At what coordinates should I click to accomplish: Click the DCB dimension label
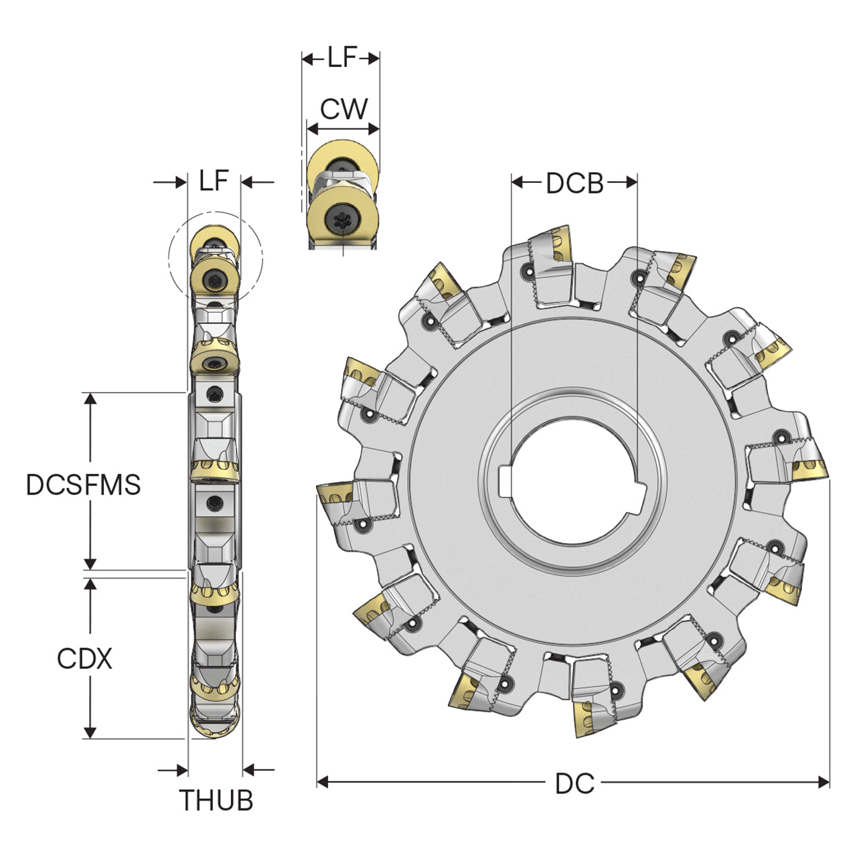tap(574, 183)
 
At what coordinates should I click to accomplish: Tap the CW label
tap(344, 108)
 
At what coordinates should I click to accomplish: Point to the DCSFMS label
tap(83, 484)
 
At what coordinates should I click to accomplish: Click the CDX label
tap(84, 658)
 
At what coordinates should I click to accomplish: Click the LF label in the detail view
tap(342, 57)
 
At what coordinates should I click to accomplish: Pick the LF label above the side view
tap(214, 180)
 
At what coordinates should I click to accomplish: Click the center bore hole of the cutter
tap(574, 479)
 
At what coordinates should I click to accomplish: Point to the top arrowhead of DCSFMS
tap(90, 398)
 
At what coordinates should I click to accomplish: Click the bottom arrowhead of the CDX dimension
tap(90, 732)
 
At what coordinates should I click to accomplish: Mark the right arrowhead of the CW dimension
tap(374, 129)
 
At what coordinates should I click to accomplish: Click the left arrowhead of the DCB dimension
tap(518, 182)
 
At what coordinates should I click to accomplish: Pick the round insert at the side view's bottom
tap(215, 724)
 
